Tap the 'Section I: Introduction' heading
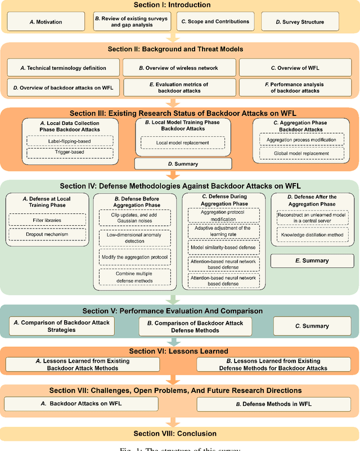coord(179,5)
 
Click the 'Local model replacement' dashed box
coord(182,144)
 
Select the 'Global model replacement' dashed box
coord(301,153)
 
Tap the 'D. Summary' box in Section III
coord(183,164)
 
